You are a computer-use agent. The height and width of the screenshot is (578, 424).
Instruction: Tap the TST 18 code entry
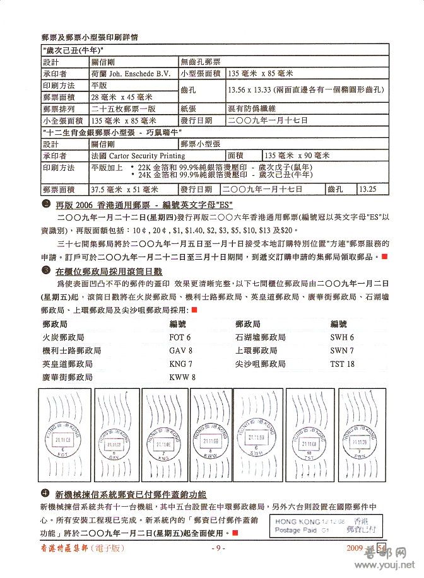(x=342, y=364)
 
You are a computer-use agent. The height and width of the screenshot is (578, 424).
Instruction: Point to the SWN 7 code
(x=342, y=350)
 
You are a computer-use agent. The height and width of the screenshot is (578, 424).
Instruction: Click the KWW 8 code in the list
(x=182, y=377)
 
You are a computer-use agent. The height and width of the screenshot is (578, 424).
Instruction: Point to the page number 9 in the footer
(x=216, y=548)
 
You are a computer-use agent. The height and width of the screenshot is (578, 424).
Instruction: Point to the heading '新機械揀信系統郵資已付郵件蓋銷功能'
(x=131, y=493)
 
